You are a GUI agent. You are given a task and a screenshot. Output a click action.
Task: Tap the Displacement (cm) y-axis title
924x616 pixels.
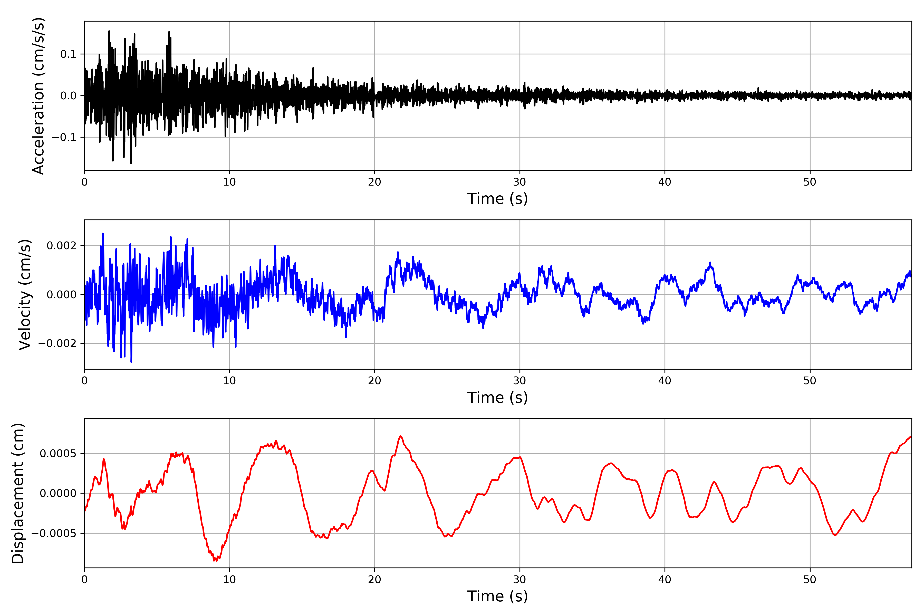18,493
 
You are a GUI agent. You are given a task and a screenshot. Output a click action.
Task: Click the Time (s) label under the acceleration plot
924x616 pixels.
497,199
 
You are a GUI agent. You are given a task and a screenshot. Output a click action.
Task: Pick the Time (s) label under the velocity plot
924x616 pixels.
497,398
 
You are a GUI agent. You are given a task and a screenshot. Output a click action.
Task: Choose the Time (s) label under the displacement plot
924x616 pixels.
497,596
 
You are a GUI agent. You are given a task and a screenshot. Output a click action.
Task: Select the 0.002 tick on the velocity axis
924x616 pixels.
61,246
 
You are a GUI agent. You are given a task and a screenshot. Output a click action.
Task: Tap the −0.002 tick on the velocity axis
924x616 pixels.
57,344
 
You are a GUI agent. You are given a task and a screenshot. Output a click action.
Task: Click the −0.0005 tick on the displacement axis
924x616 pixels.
54,534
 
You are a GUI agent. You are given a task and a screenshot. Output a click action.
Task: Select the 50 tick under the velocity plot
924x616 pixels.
810,381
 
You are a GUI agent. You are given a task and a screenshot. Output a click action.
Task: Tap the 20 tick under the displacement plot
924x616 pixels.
374,580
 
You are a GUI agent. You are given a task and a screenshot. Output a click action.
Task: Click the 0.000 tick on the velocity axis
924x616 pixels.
61,295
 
